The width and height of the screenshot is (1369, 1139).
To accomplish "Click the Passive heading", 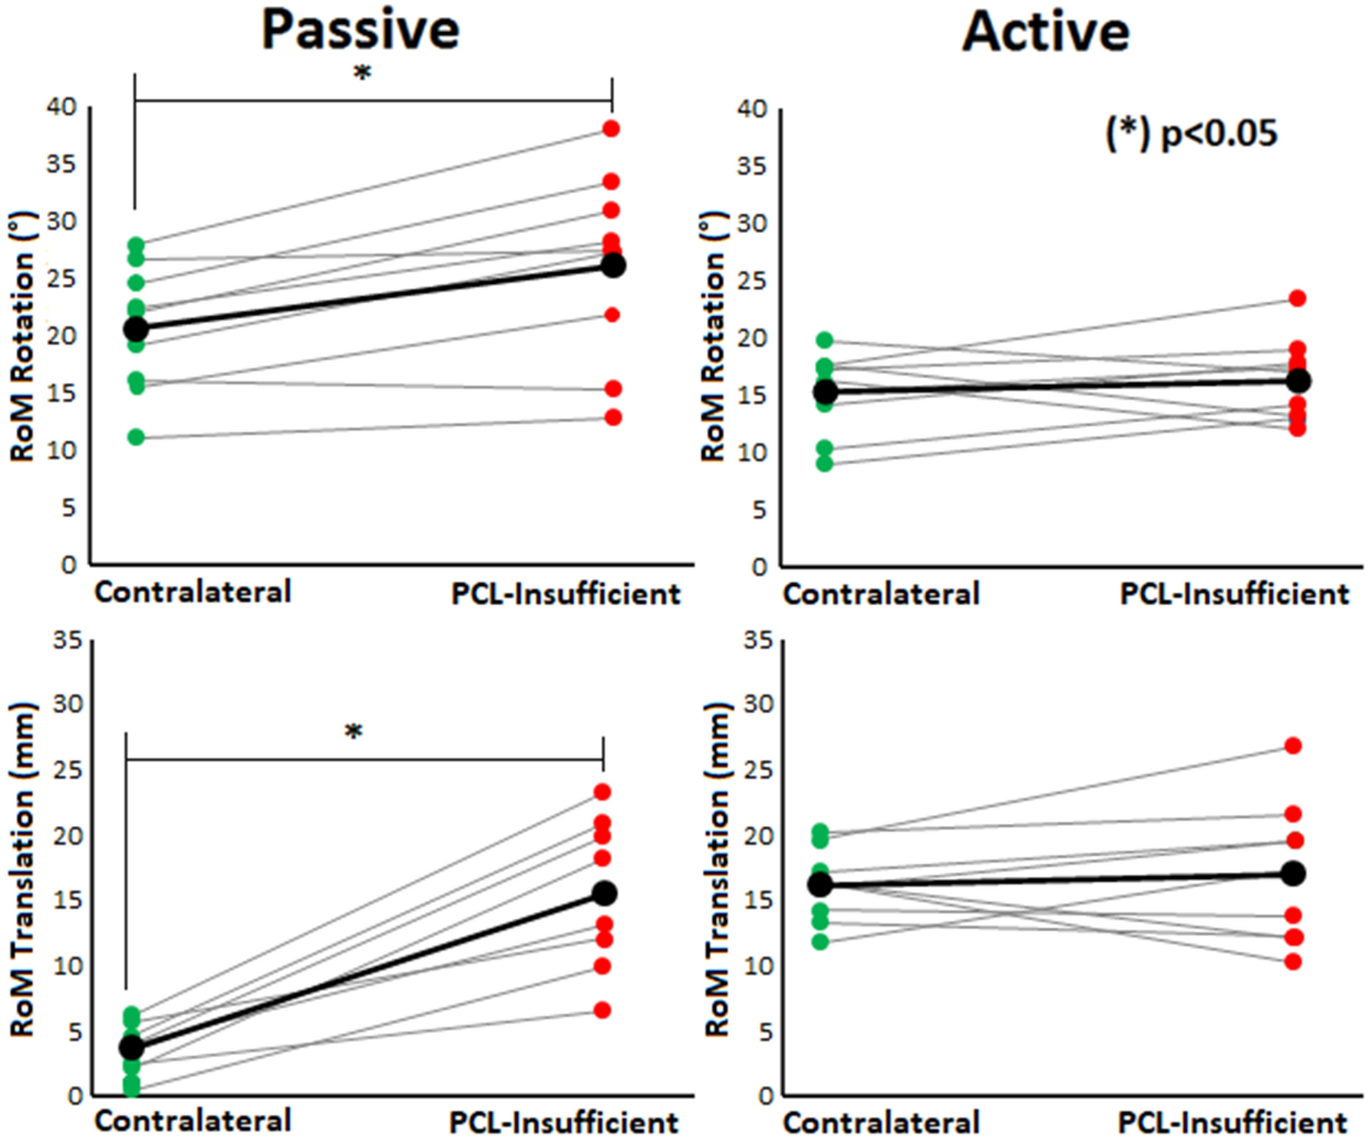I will [360, 31].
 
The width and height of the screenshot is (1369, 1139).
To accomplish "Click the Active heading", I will [1046, 32].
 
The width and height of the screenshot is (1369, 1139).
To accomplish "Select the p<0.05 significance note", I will [1191, 133].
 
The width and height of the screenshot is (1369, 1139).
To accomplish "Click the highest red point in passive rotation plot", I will [611, 129].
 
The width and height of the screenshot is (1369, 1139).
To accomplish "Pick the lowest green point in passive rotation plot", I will [136, 437].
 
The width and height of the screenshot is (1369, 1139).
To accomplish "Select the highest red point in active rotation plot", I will [1297, 298].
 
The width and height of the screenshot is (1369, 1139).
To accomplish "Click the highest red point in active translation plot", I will [1293, 746].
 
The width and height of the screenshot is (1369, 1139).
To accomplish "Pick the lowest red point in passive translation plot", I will [602, 1010].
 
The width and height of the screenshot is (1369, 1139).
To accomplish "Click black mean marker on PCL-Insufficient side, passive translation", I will [605, 894].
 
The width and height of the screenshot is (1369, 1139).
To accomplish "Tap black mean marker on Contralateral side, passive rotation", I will [136, 329].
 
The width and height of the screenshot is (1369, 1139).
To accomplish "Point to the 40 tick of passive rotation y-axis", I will [61, 107].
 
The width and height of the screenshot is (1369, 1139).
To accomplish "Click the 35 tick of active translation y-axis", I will [757, 640].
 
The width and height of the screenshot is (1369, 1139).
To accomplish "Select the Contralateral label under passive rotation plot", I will [193, 592].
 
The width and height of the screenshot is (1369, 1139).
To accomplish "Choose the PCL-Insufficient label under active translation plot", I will [1232, 1123].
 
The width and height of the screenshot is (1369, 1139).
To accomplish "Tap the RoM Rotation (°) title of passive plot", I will [23, 336].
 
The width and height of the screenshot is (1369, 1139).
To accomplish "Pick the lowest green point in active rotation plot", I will [824, 463].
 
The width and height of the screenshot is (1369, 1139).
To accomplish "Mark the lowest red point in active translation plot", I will [1293, 962].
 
